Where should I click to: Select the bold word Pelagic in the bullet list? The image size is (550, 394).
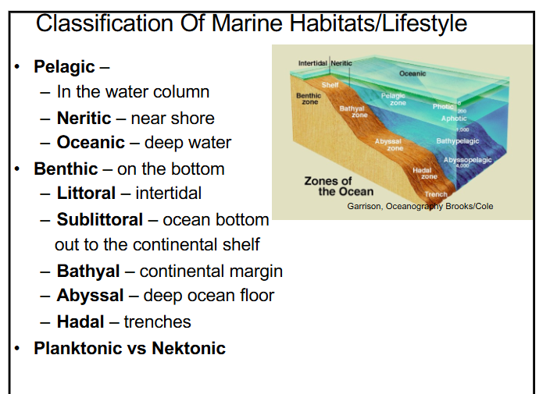[64, 67]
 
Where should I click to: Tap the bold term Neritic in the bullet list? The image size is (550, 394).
[84, 118]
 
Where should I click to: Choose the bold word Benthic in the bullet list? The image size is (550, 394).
[66, 169]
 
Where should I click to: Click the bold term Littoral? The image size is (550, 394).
[86, 193]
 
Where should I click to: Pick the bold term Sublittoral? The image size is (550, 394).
[100, 219]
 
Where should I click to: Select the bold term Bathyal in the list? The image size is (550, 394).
[88, 272]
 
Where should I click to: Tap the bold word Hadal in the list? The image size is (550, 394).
[80, 321]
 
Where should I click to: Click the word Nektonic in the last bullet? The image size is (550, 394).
[188, 348]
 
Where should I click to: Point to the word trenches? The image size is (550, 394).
[157, 321]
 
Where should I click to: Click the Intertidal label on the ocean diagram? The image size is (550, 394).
[313, 62]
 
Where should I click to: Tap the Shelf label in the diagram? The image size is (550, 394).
[330, 84]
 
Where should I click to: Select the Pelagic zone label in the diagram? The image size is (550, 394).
[392, 99]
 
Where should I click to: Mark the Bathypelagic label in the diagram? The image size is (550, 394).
[457, 141]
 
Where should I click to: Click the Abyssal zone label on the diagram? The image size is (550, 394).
[388, 144]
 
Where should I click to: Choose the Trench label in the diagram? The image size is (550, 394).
[436, 194]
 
